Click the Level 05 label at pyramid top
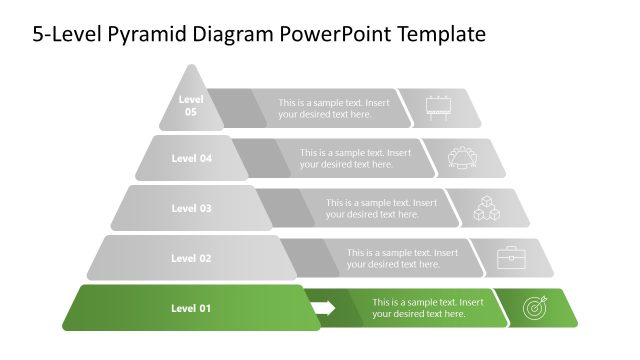tap(190, 106)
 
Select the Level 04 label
tap(192, 158)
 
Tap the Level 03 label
tap(191, 208)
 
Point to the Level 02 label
tap(191, 258)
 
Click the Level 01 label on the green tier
tap(191, 308)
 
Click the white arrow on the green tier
tap(323, 308)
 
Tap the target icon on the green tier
tap(535, 309)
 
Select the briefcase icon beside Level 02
tap(512, 258)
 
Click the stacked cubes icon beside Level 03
tap(487, 209)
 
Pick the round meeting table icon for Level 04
tap(464, 158)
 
